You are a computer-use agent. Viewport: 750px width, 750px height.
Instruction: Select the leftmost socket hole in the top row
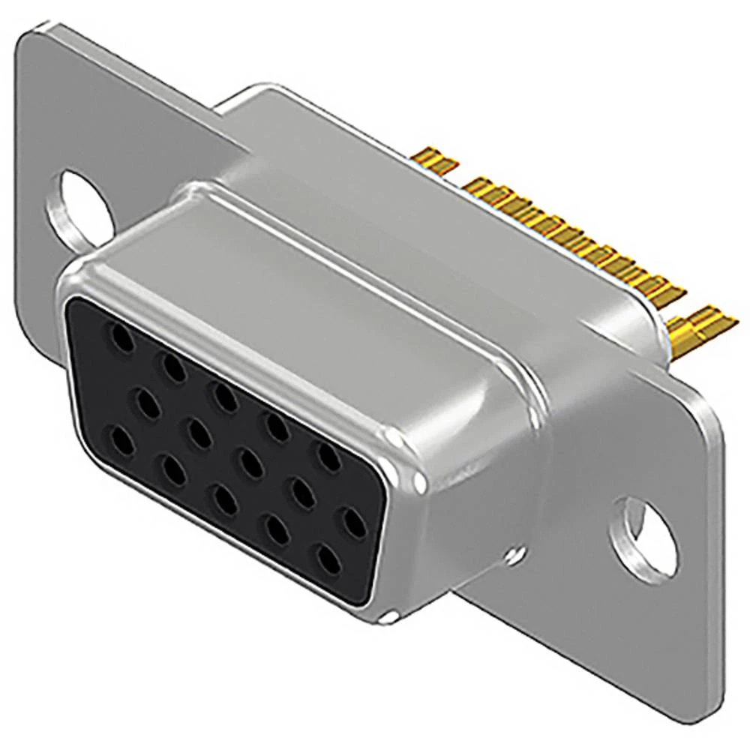(120, 341)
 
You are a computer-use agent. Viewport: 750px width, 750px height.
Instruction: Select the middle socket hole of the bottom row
(223, 497)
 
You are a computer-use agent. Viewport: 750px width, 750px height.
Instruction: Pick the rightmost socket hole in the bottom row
(328, 558)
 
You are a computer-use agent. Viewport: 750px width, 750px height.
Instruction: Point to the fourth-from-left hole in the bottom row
(277, 528)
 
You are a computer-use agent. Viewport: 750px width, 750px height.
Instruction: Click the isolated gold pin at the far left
(435, 160)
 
